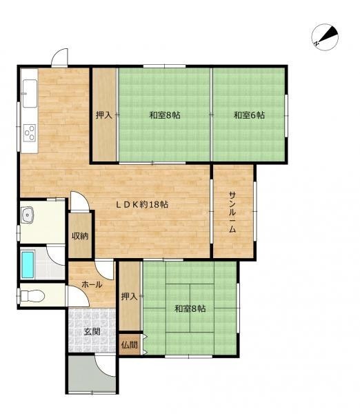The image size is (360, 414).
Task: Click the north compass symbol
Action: tap(325, 37)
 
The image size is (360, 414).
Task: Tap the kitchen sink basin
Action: tap(30, 93)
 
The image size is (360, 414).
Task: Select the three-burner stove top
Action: tap(30, 132)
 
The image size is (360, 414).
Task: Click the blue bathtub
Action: tap(28, 264)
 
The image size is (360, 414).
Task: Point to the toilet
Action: tap(32, 295)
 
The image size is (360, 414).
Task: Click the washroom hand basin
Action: tap(27, 215)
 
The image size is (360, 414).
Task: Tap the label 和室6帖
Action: tap(249, 115)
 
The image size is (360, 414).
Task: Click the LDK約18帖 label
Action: tap(143, 204)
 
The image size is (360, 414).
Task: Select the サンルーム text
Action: tap(232, 212)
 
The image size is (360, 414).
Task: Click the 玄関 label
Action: tap(92, 332)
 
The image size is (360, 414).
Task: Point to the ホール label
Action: tap(92, 284)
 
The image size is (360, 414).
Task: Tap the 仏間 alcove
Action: tap(130, 344)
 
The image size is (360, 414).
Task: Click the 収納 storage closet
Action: tap(80, 235)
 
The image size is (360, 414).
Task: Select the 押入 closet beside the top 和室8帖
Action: tap(104, 115)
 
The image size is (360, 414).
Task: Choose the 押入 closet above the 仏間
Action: tap(130, 296)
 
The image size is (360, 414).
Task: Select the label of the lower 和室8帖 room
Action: tap(190, 308)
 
